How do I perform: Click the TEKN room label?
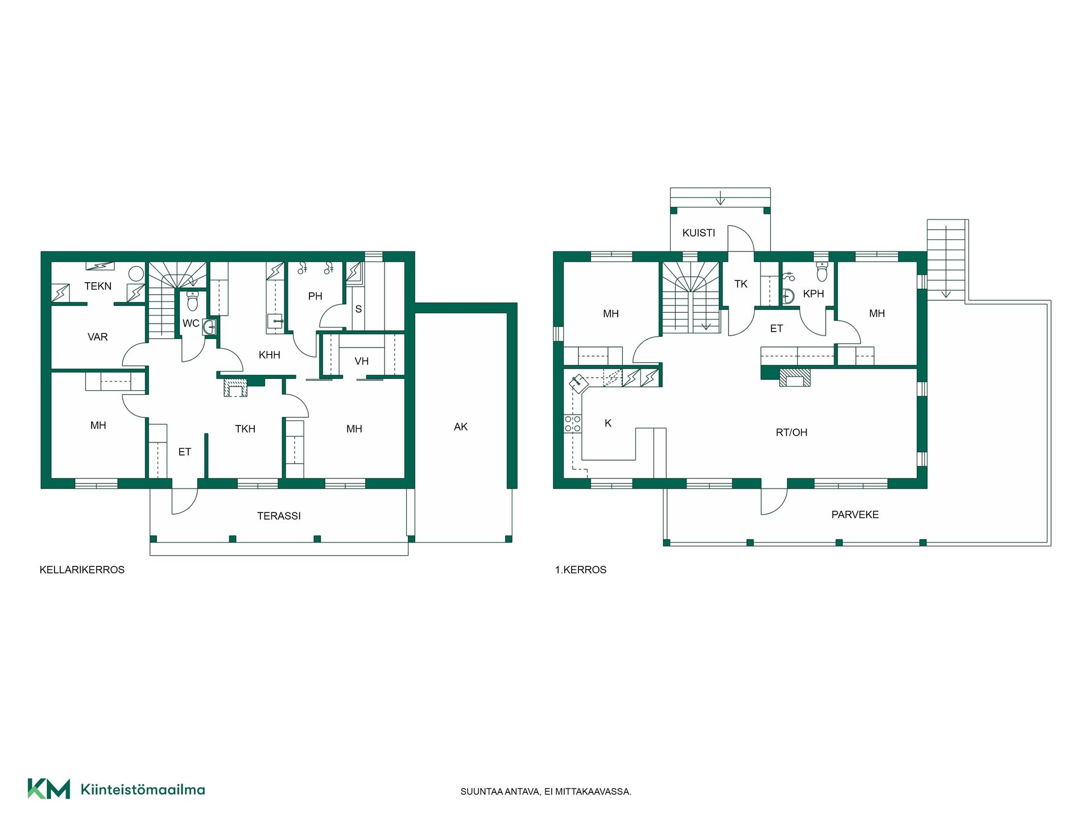(x=98, y=286)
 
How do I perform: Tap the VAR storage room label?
(x=98, y=337)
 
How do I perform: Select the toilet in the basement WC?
(x=192, y=301)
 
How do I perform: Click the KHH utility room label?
(x=270, y=355)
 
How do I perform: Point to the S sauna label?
(x=358, y=309)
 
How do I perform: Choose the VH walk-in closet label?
(x=361, y=361)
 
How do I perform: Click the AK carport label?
(x=461, y=427)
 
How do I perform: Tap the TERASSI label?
(x=279, y=516)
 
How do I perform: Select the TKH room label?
(x=245, y=429)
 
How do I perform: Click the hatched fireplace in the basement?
(x=235, y=387)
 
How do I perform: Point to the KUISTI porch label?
(x=699, y=233)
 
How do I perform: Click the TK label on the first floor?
(x=741, y=284)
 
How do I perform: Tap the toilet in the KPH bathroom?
(x=822, y=272)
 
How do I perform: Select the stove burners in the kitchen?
(x=573, y=424)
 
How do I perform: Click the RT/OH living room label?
(x=792, y=432)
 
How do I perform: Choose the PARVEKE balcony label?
(x=855, y=515)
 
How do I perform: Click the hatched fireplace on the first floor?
(x=795, y=378)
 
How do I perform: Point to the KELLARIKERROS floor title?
(x=82, y=570)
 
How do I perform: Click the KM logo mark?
(x=49, y=789)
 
